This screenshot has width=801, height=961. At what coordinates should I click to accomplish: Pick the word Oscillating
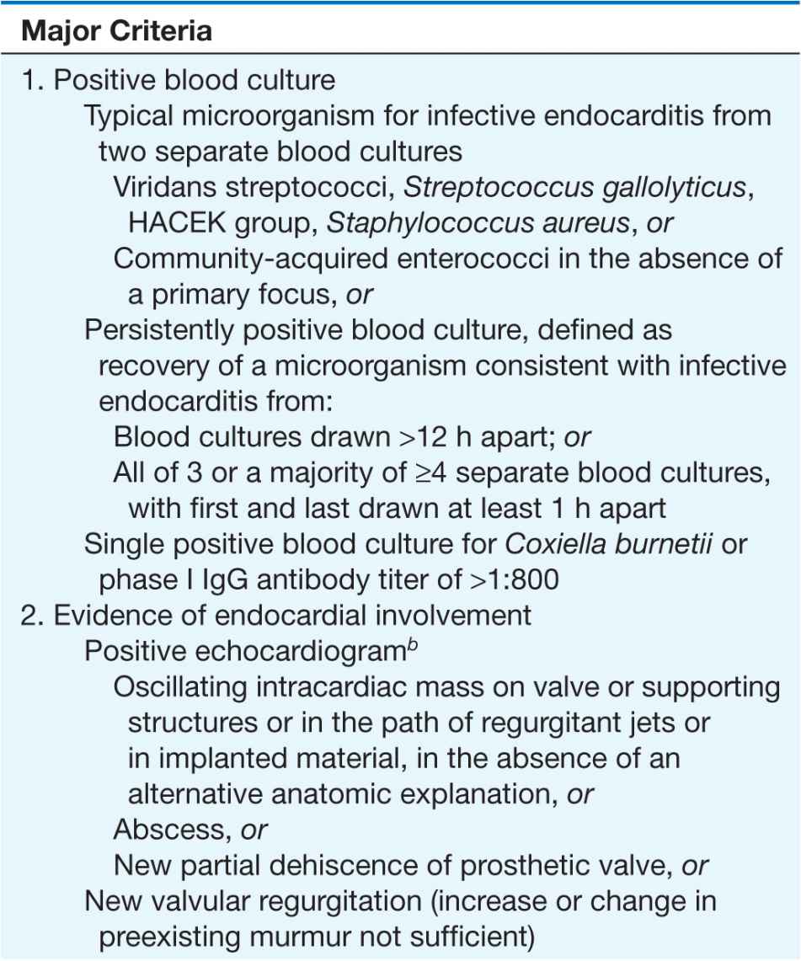(x=179, y=688)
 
